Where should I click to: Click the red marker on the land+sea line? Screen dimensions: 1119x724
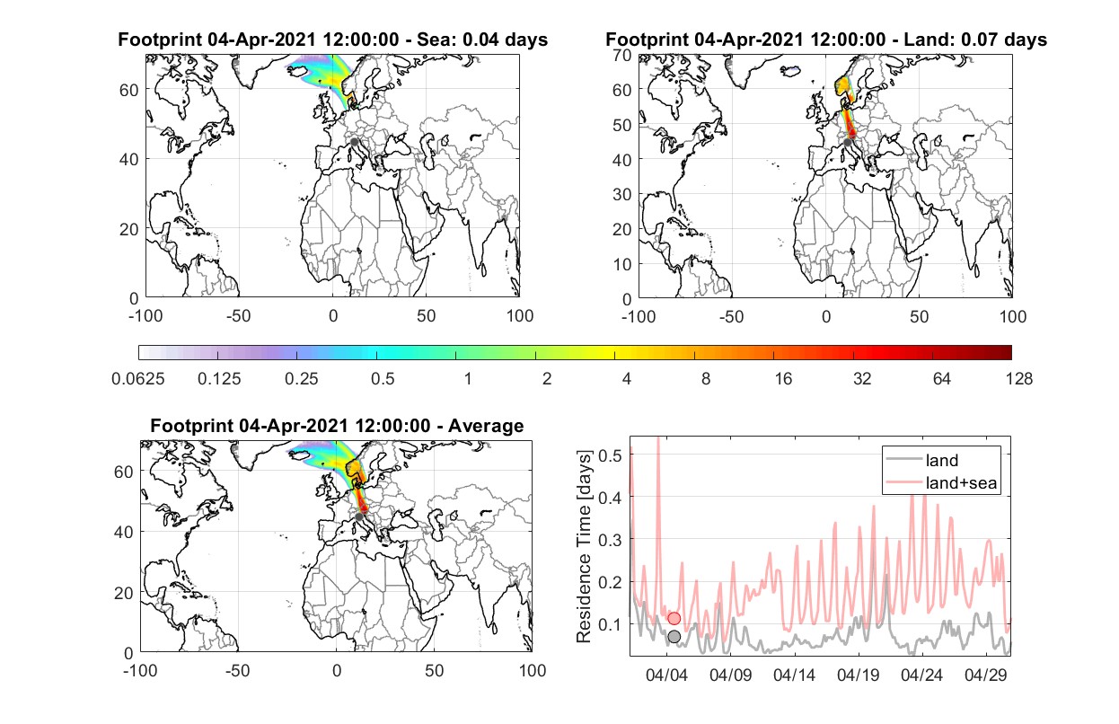point(674,619)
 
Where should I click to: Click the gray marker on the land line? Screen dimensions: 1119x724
point(674,637)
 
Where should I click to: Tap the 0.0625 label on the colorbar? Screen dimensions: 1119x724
point(138,379)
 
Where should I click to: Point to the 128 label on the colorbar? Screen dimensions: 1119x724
point(1018,379)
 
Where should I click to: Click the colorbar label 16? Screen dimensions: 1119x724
point(783,379)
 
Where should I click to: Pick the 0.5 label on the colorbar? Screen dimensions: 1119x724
point(383,379)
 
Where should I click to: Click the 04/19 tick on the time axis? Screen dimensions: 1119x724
point(858,675)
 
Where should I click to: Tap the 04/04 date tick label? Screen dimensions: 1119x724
point(666,675)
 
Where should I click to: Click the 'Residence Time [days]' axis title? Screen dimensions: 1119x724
point(584,546)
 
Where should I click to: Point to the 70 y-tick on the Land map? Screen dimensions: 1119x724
point(622,56)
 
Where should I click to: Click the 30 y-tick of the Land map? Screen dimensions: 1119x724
point(622,194)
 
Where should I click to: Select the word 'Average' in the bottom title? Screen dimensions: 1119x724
point(486,426)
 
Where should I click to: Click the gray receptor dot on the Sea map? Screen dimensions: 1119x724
point(354,142)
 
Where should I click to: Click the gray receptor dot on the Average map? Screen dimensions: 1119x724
point(359,517)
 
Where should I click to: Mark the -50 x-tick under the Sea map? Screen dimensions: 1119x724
point(239,316)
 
